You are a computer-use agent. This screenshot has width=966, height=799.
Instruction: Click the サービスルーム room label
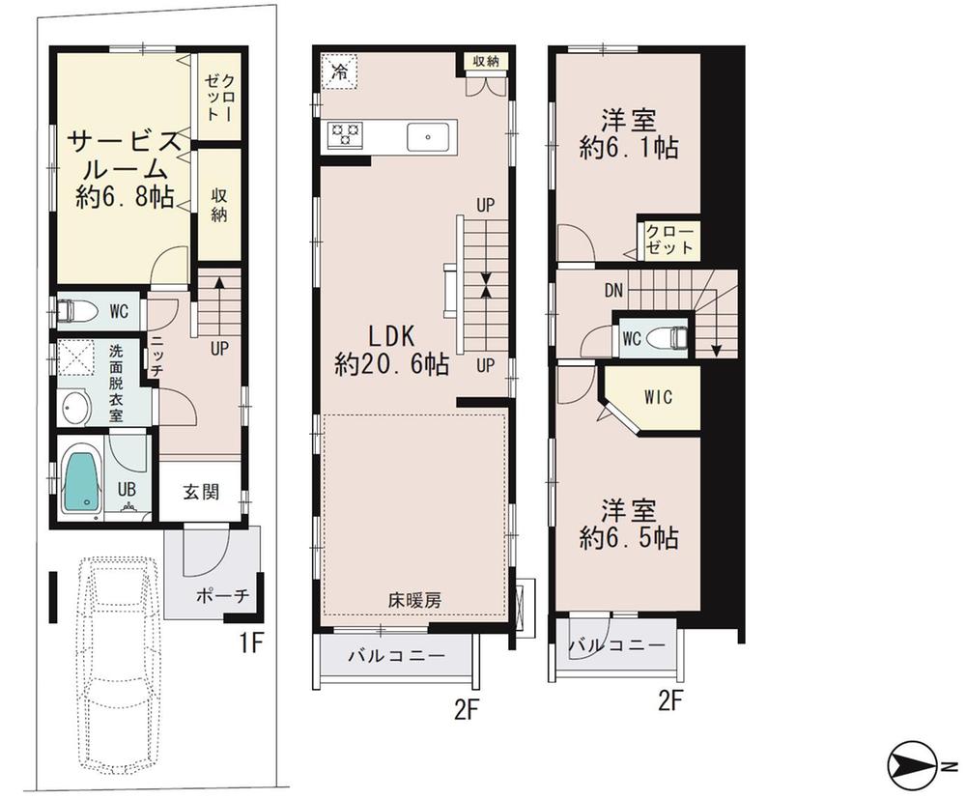pos(124,169)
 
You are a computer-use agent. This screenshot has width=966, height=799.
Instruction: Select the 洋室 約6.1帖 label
pos(628,134)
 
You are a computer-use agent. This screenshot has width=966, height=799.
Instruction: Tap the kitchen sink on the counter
pos(426,137)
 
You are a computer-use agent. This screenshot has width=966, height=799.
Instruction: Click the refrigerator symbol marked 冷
pos(340,71)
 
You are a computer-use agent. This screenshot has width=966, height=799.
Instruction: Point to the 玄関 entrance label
pos(201,491)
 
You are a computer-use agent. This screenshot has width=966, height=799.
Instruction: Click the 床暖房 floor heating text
pos(414,600)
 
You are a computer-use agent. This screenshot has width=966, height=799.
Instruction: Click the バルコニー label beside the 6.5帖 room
pos(616,644)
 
